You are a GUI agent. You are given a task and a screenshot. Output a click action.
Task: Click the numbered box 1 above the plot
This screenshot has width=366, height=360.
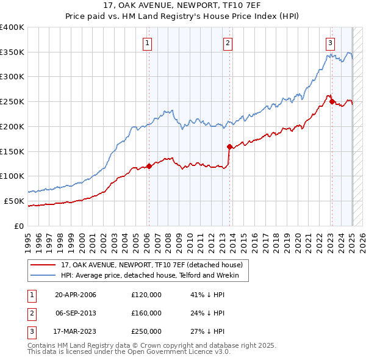[148, 43]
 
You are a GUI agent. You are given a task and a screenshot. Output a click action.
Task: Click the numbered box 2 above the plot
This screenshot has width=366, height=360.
[228, 43]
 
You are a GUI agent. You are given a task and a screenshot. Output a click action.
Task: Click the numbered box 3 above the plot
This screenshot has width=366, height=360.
[330, 43]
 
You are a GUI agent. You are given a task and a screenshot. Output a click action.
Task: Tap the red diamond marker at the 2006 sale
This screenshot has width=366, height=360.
[149, 166]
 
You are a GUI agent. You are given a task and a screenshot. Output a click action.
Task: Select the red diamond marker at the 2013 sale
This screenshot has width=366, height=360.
[229, 146]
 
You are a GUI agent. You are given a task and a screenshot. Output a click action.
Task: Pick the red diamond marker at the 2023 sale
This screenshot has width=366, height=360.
[332, 102]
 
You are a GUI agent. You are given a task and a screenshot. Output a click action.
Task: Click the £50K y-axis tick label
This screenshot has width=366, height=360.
[14, 201]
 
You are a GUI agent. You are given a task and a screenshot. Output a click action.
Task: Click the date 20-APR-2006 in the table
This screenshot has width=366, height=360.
[76, 295]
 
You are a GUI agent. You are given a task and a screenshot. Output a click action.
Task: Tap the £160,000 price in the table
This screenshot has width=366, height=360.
[146, 313]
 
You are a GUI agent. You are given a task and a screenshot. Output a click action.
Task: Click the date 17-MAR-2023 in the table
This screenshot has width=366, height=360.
[76, 331]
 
